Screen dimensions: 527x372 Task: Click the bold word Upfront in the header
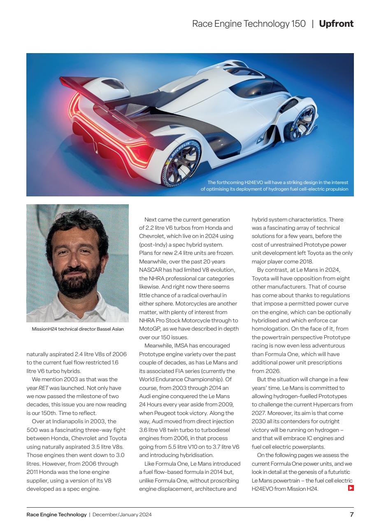pyautogui.click(x=336, y=24)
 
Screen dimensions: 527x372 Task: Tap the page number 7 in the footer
pyautogui.click(x=351, y=514)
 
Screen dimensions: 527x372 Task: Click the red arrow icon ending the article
pyautogui.click(x=351, y=489)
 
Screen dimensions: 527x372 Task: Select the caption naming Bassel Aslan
pyautogui.click(x=77, y=329)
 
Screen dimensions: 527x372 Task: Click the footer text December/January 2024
pyautogui.click(x=122, y=514)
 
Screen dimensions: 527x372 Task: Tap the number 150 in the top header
pyautogui.click(x=299, y=24)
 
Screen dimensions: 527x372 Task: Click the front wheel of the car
pyautogui.click(x=303, y=119)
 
